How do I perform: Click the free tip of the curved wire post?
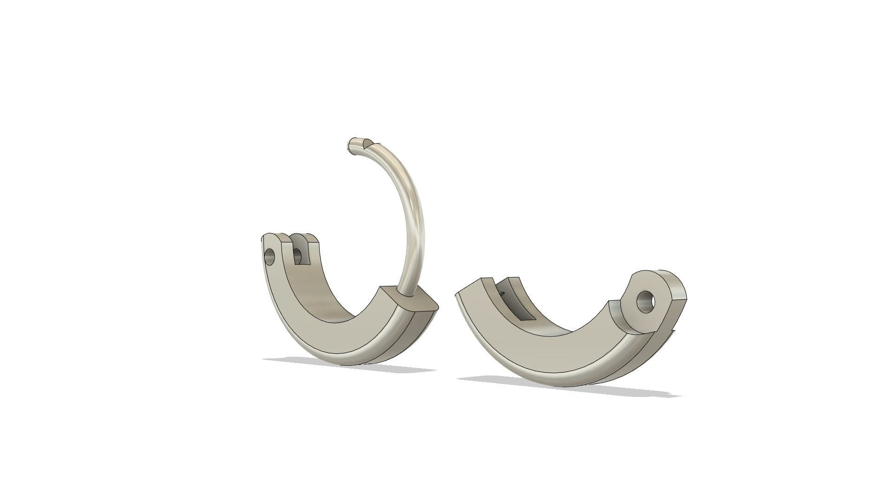pyautogui.click(x=352, y=145)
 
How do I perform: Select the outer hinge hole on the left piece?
pyautogui.click(x=269, y=256)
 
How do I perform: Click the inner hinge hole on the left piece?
pyautogui.click(x=297, y=255)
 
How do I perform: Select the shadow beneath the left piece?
pyautogui.click(x=348, y=365)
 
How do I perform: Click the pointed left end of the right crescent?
pyautogui.click(x=458, y=296)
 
